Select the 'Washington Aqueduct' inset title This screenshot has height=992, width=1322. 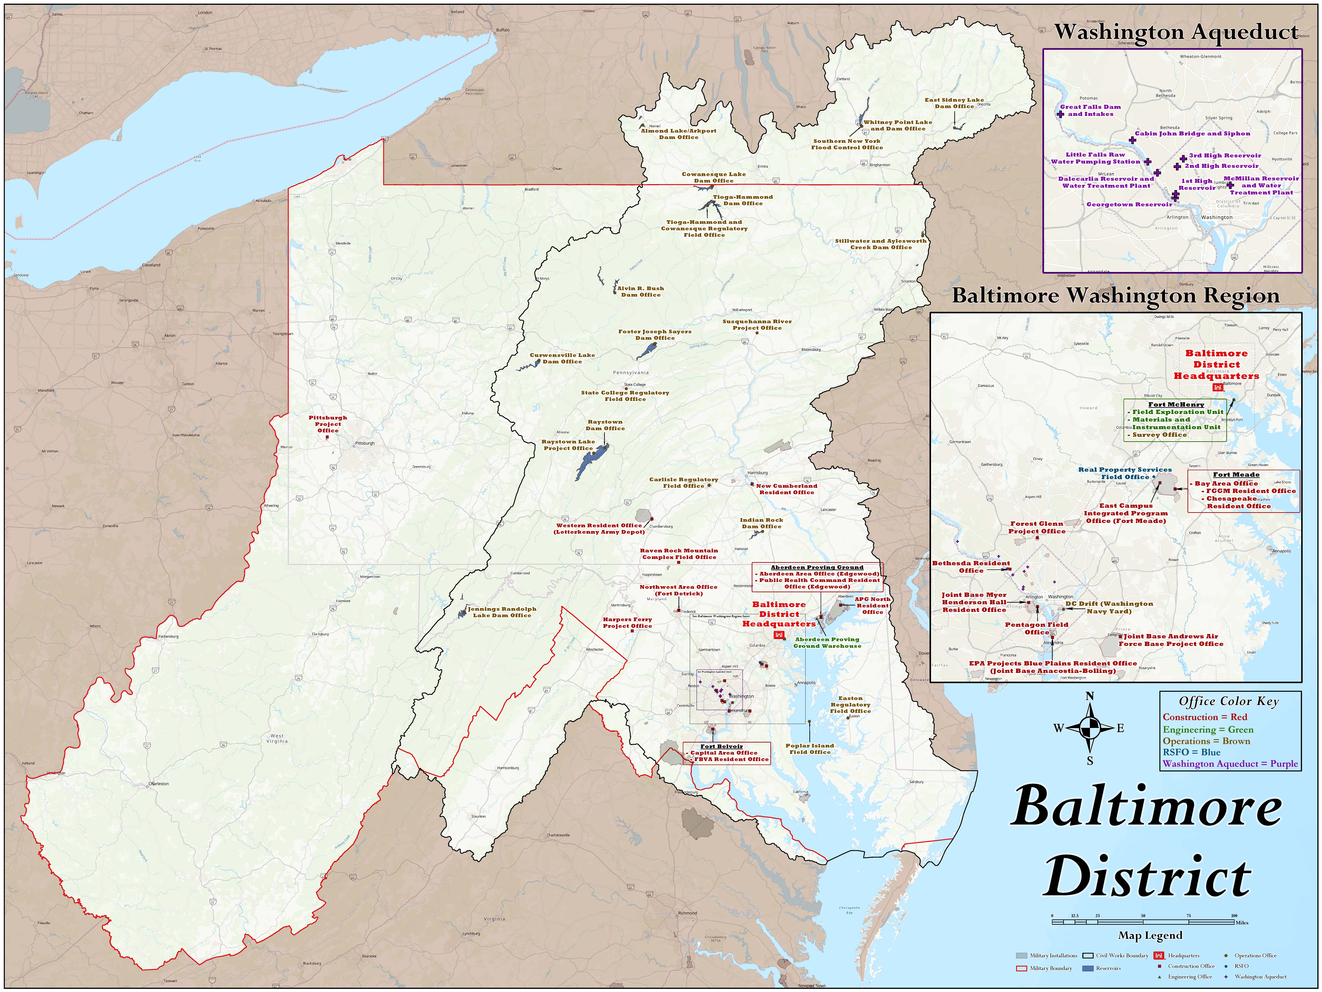(x=1176, y=32)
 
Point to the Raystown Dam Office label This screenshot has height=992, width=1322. (x=605, y=425)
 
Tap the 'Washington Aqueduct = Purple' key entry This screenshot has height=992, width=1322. (x=1230, y=764)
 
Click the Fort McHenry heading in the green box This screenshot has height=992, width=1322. (x=1176, y=404)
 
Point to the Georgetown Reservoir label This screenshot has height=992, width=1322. (x=1129, y=205)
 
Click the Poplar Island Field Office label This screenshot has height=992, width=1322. (x=810, y=749)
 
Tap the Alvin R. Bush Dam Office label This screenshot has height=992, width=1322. (x=641, y=291)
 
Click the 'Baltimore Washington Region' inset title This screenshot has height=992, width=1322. (x=1115, y=295)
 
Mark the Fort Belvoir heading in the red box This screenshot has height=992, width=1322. (x=721, y=746)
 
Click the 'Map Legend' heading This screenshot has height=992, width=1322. (x=1150, y=935)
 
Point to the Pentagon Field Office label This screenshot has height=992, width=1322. (x=1036, y=628)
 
